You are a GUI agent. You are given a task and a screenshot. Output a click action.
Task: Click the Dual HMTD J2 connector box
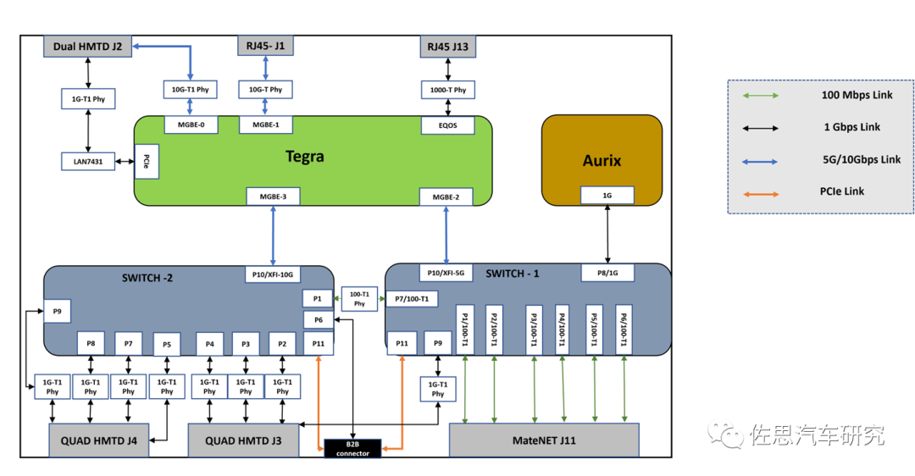pos(88,46)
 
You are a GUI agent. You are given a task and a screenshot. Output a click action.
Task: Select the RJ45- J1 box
pos(266,46)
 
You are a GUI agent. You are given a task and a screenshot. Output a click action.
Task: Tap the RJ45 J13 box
pos(448,47)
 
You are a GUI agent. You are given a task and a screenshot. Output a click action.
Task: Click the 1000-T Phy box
pos(448,89)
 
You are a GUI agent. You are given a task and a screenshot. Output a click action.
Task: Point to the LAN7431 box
pos(88,161)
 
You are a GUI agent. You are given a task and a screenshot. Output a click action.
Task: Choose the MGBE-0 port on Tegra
pos(190,125)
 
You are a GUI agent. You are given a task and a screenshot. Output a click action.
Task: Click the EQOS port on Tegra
pos(448,125)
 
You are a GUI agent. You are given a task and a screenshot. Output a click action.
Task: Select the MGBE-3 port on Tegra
pos(273,196)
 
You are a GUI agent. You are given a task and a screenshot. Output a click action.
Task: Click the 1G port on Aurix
pos(607,196)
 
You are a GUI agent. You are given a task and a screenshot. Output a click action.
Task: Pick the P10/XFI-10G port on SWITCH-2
pos(273,275)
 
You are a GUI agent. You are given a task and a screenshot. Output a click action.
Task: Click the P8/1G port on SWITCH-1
pos(607,273)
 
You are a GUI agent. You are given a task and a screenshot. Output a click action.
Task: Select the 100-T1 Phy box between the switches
pos(359,298)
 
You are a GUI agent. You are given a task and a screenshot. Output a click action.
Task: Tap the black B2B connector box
pos(352,448)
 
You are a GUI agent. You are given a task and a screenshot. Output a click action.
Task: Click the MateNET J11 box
pos(543,440)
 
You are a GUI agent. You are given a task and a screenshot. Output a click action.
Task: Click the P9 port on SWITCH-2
pos(58,311)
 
